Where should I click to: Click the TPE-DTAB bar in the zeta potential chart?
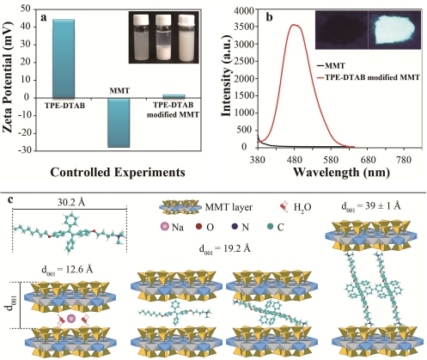64,58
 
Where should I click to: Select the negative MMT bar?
119,123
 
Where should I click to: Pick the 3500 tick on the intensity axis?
244,27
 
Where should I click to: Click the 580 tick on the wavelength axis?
331,159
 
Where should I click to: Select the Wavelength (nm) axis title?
341,172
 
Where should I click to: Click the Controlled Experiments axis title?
118,172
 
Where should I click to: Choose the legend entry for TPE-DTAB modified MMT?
367,77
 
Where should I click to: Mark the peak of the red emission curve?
294,25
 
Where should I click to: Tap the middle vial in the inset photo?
163,37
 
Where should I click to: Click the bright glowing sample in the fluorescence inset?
392,29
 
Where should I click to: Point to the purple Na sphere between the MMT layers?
70,319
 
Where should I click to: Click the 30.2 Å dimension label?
70,203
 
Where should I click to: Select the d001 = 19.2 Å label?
225,248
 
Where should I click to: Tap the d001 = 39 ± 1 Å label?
371,207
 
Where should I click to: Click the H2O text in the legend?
302,207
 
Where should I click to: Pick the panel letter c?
10,199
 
